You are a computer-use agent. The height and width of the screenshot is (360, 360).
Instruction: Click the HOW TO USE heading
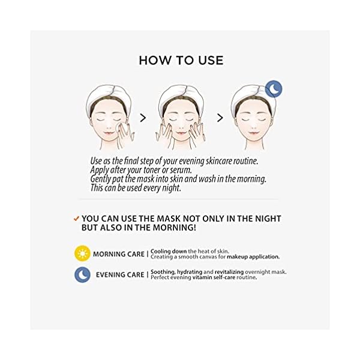tap(181, 60)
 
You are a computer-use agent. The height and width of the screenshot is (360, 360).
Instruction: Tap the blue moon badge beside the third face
tap(274, 89)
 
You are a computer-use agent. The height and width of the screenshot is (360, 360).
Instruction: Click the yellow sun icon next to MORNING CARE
tap(82, 253)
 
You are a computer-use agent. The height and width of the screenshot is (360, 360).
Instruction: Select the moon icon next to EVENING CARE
tap(82, 274)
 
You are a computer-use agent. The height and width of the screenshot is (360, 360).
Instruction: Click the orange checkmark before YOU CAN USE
tap(76, 218)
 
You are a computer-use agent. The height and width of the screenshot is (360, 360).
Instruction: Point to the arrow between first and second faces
tap(143, 118)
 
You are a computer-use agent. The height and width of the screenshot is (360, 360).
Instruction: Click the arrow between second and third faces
tap(220, 118)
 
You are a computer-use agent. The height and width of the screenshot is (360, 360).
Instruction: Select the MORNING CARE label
tap(118, 254)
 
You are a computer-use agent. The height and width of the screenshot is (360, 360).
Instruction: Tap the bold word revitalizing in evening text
tap(242, 271)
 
